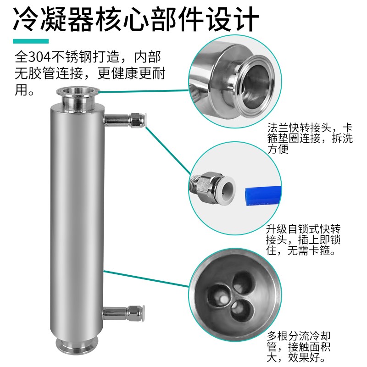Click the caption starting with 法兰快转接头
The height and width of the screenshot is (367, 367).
310,138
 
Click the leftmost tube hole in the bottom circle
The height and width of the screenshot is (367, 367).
218,296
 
